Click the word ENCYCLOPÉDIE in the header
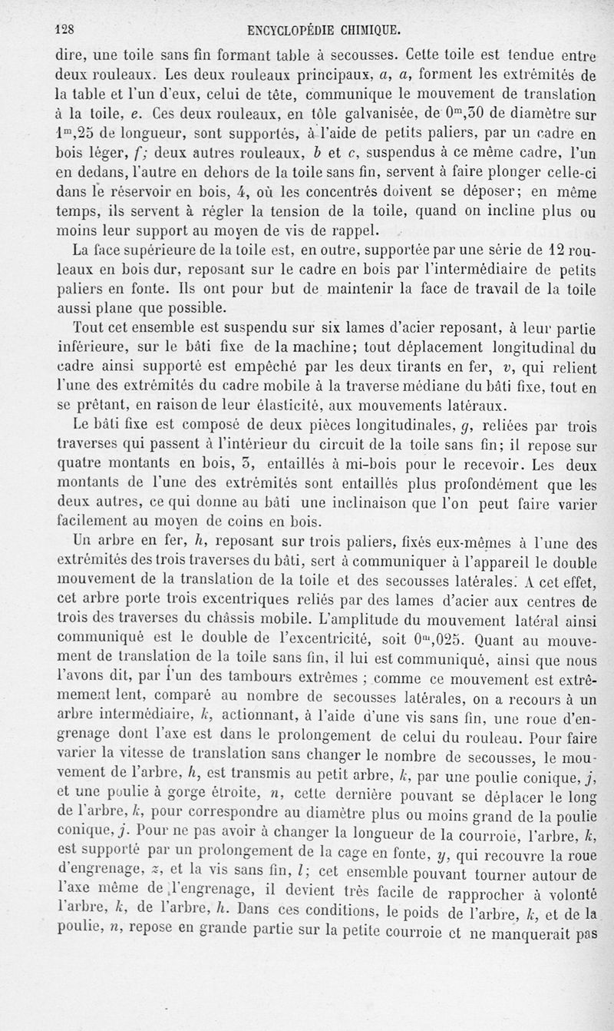[297, 31]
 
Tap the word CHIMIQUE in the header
[374, 31]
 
